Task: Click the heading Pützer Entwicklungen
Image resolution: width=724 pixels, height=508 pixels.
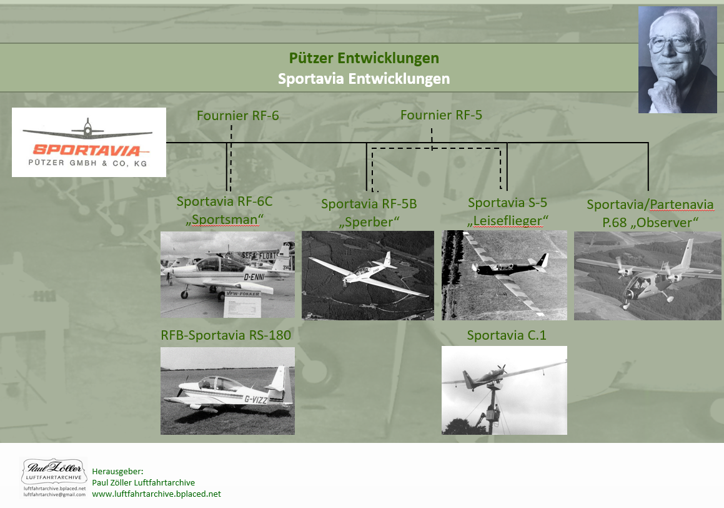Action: [364, 58]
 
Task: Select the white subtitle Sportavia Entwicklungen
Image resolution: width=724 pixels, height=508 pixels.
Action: [364, 79]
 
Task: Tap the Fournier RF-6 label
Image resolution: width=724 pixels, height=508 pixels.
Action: [238, 116]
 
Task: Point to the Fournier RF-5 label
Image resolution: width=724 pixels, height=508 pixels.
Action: [441, 115]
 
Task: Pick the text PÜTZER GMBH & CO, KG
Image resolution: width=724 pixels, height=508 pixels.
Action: [87, 163]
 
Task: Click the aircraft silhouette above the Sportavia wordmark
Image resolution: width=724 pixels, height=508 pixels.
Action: [87, 129]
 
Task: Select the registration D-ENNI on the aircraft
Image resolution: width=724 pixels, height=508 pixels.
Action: [254, 277]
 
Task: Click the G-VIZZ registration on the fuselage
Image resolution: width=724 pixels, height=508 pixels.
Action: [255, 399]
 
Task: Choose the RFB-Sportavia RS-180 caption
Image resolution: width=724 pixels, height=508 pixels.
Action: [226, 335]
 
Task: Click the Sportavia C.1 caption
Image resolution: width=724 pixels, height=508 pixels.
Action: [507, 335]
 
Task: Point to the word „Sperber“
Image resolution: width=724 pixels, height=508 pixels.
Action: [369, 222]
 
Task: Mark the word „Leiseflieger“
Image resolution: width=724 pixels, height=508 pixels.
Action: [507, 220]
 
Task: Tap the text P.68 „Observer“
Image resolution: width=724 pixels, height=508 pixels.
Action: [650, 222]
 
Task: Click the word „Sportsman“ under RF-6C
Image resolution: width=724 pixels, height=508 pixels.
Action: [225, 219]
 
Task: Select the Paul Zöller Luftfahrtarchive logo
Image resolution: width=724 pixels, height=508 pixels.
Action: [54, 477]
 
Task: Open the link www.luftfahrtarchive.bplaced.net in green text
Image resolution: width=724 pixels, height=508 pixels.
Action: [157, 494]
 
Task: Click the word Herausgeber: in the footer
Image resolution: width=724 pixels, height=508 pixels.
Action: [117, 472]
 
